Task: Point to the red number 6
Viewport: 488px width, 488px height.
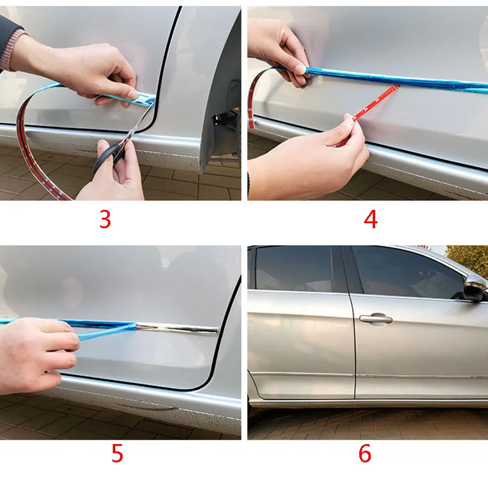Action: [x=365, y=454]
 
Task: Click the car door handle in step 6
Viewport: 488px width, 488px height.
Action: [x=375, y=318]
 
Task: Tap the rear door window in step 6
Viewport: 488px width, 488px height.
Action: [x=293, y=270]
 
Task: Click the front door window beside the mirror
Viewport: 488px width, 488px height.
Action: [x=403, y=271]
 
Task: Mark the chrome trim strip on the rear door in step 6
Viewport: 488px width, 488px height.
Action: [x=302, y=374]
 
